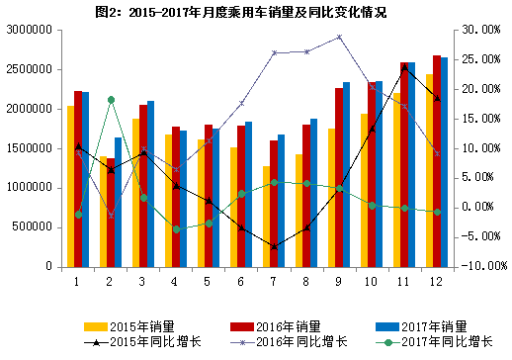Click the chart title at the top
click(256, 12)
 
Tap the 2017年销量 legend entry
click(422, 325)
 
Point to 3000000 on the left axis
click(29, 31)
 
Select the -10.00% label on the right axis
click(477, 266)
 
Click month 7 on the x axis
click(274, 281)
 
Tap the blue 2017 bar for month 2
click(119, 202)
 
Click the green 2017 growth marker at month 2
click(111, 100)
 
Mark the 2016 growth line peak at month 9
click(339, 38)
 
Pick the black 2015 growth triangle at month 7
click(274, 246)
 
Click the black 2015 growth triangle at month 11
click(404, 67)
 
